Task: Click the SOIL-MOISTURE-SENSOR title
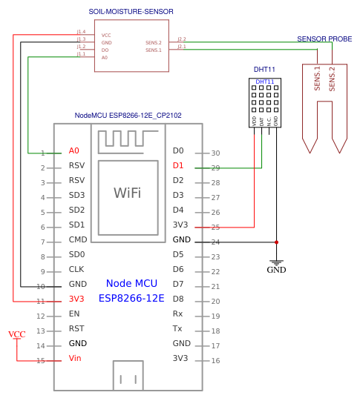tap(131, 12)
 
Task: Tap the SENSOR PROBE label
tap(324, 39)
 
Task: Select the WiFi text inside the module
tap(127, 193)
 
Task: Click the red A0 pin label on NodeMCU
tap(73, 150)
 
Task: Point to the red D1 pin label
tap(178, 165)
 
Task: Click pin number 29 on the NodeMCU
tap(215, 168)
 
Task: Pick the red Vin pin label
tap(75, 358)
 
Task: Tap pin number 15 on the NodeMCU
tap(41, 361)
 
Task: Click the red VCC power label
tap(16, 334)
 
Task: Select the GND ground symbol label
tap(276, 270)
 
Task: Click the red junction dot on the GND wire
tap(276, 242)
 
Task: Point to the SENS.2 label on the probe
tap(332, 79)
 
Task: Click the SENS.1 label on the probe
tap(318, 79)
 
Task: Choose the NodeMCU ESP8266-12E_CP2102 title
tap(128, 116)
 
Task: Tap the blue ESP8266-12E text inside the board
tap(131, 298)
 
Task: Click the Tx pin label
tap(177, 328)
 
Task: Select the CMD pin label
tap(77, 239)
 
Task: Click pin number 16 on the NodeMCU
tap(215, 361)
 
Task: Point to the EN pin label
tap(73, 314)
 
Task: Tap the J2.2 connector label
tap(182, 39)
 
